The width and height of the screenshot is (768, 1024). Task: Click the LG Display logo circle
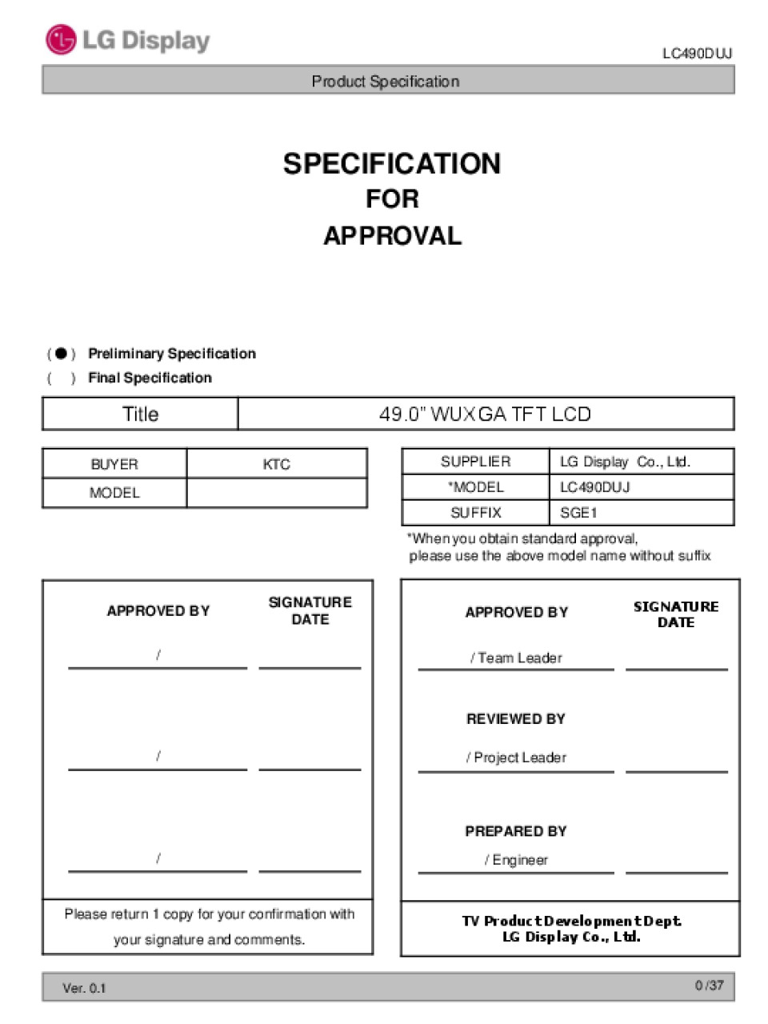point(61,40)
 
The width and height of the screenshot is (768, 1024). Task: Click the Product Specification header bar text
point(385,81)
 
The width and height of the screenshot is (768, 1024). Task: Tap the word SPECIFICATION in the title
point(392,164)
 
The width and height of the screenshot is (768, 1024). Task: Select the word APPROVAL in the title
point(392,236)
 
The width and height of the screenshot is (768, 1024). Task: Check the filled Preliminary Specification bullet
point(61,354)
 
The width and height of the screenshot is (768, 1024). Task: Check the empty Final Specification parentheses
point(61,378)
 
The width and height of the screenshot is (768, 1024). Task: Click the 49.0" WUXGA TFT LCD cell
point(485,414)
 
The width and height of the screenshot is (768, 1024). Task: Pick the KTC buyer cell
point(276,464)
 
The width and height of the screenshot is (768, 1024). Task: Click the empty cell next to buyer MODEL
point(276,493)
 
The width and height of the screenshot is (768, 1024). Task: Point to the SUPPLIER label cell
point(475,462)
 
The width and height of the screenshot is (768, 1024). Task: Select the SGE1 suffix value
point(578,513)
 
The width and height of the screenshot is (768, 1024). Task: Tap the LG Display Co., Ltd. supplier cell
point(625,462)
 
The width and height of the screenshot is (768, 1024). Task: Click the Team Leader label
point(516,658)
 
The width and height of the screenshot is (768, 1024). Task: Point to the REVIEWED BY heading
point(516,719)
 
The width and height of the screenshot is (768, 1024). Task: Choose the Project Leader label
point(516,758)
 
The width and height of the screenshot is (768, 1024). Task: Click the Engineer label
point(516,860)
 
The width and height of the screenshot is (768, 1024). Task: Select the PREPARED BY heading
point(516,831)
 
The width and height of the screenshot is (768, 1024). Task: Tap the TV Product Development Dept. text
point(571,922)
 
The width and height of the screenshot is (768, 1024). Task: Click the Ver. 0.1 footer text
point(84,988)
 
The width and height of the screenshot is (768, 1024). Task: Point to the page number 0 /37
point(709,986)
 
